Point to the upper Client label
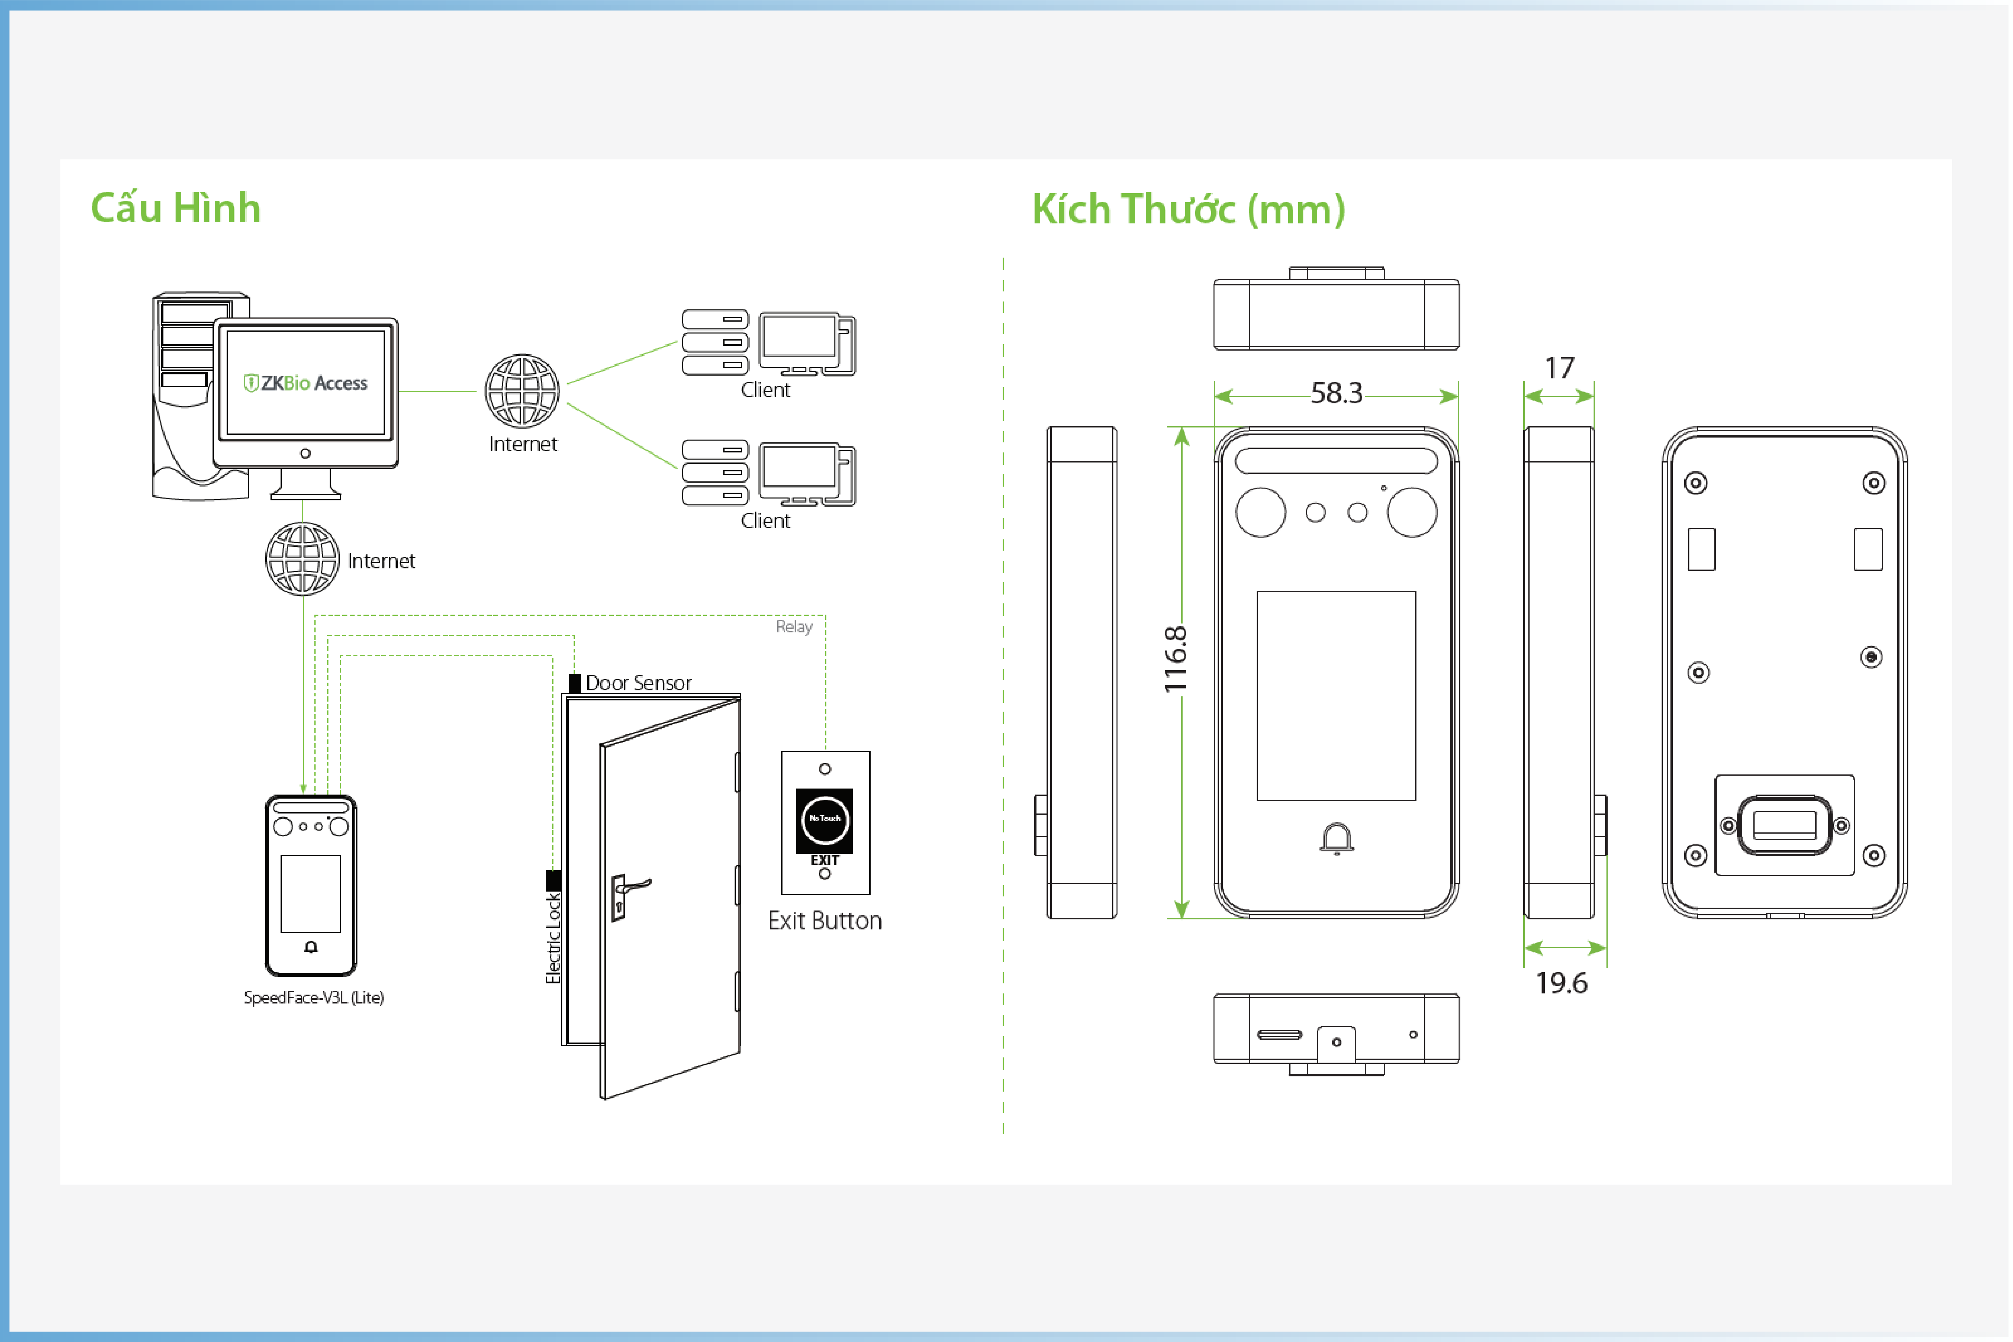[766, 390]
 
